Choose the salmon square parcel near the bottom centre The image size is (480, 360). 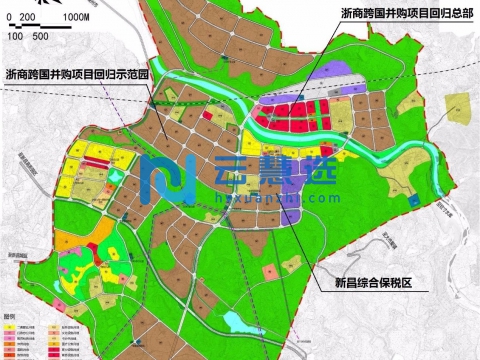coord(269,271)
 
